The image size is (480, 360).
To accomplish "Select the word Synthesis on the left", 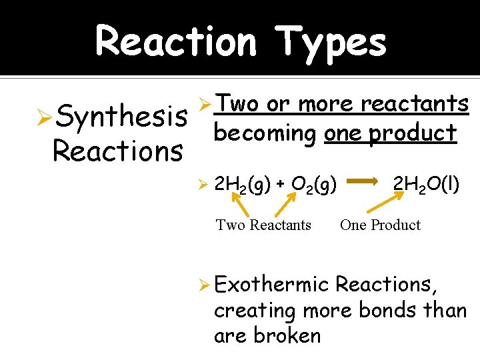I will pyautogui.click(x=121, y=119).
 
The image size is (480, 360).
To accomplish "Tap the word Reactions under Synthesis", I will pyautogui.click(x=117, y=151).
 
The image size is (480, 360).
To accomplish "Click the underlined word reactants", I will pyautogui.click(x=415, y=104).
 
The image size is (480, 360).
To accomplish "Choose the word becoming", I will pyautogui.click(x=265, y=133).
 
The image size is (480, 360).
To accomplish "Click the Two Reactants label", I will pyautogui.click(x=263, y=225).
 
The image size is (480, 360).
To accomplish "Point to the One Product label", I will pyautogui.click(x=380, y=225).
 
